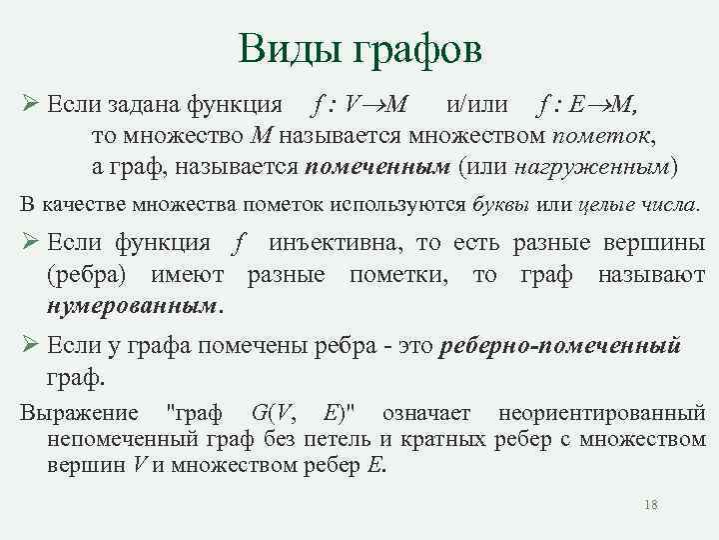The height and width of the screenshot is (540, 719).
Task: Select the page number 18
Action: pos(651,506)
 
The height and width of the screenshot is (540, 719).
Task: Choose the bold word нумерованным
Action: pos(135,304)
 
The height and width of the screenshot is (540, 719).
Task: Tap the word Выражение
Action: pos(79,413)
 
